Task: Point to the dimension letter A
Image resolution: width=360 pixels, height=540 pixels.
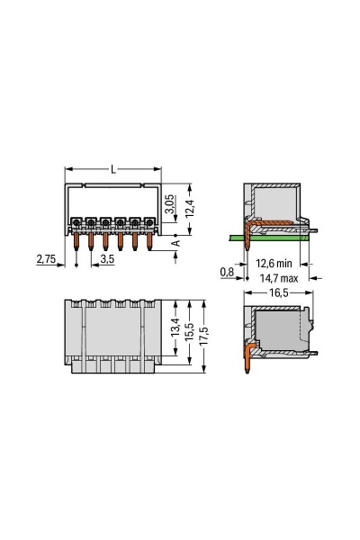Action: [176, 242]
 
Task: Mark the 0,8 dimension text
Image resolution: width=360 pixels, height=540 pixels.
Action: [227, 269]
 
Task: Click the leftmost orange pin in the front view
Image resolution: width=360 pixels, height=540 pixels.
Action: [77, 239]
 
